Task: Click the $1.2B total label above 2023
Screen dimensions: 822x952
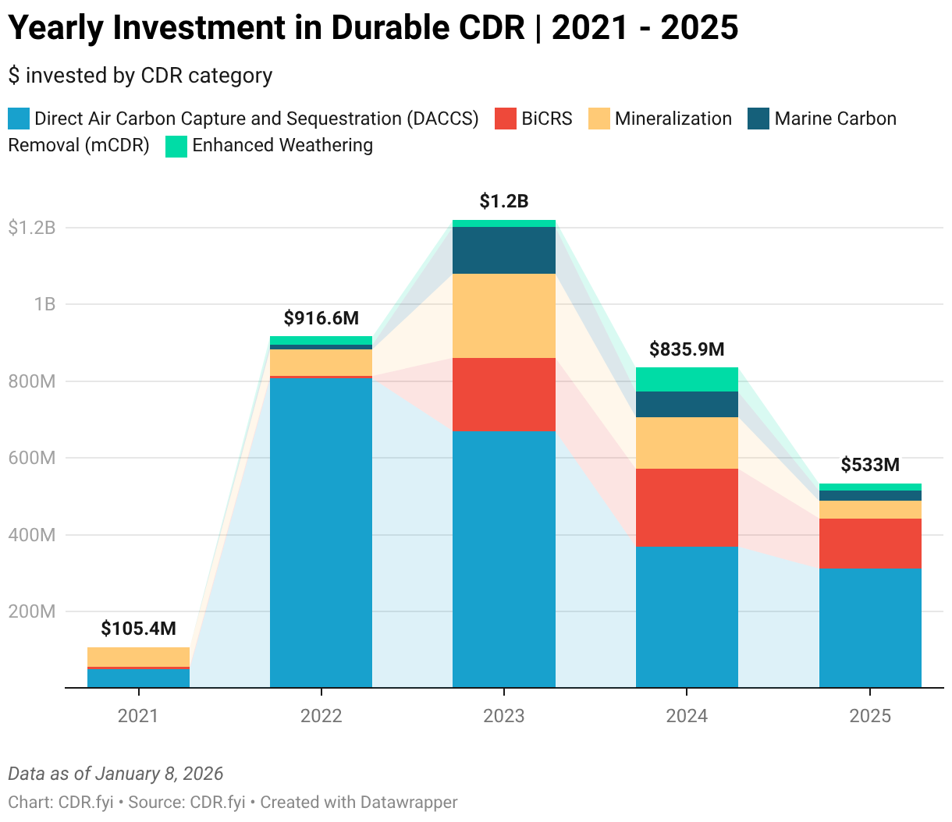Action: [504, 201]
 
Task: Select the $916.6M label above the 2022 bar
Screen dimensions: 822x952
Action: [321, 317]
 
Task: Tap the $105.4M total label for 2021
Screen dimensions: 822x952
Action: [138, 629]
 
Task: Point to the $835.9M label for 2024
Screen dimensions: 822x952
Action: [687, 349]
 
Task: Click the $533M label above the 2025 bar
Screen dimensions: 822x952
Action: [870, 465]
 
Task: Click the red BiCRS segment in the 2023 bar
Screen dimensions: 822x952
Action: [504, 395]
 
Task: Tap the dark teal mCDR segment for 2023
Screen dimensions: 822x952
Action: [504, 250]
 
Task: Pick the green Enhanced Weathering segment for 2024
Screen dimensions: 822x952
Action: [687, 379]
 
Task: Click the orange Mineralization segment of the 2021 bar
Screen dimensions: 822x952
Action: [138, 657]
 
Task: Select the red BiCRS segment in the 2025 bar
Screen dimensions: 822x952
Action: [870, 544]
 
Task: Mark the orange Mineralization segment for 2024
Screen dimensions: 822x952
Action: [687, 443]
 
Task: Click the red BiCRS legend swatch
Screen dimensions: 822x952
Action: [506, 119]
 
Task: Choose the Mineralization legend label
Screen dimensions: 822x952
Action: [673, 119]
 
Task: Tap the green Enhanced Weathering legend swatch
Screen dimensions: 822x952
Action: [176, 146]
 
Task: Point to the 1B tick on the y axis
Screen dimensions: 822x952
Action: [44, 304]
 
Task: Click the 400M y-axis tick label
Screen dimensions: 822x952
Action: [32, 535]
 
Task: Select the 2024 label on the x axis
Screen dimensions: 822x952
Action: [687, 716]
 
